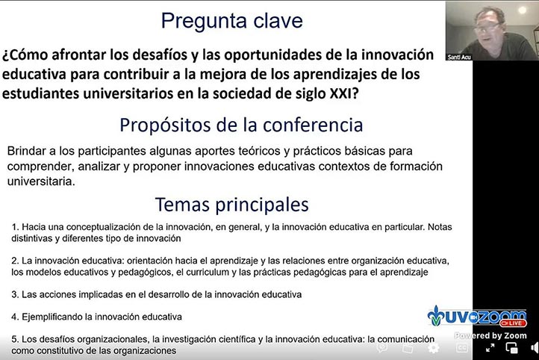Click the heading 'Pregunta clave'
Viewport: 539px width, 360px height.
[x=232, y=20]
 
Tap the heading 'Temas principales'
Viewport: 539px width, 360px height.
[x=231, y=204]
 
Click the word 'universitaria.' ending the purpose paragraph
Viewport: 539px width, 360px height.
[x=40, y=181]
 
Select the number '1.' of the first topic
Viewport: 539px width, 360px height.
[x=16, y=226]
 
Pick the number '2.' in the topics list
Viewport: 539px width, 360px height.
[x=16, y=260]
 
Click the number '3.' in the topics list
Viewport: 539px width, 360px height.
[x=16, y=294]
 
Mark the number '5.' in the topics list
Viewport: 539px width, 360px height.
[x=16, y=338]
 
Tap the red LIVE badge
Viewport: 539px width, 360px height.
[x=512, y=323]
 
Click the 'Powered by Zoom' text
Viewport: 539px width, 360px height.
[x=490, y=335]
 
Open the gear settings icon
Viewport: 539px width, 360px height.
[x=433, y=348]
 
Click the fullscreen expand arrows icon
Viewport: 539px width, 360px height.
[x=490, y=348]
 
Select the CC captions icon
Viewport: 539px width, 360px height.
[x=462, y=348]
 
